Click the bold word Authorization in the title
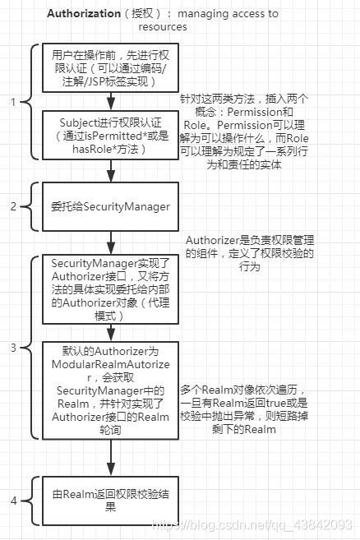coord(84,14)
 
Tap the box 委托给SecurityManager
coord(112,206)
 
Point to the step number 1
coord(13,103)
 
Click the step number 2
coord(13,206)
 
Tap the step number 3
coord(13,348)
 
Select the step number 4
coord(13,500)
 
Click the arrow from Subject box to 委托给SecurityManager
coord(112,171)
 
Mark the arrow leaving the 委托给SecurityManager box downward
coord(112,241)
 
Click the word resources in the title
coord(162,26)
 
